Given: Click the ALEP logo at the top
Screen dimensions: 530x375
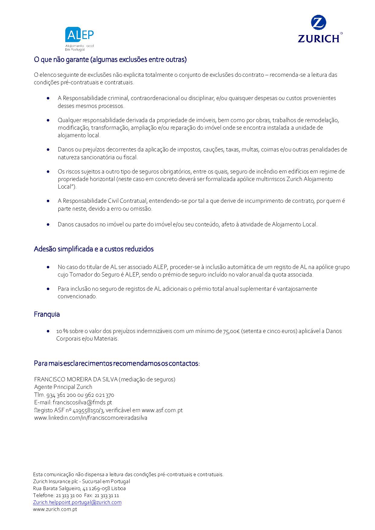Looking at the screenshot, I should point(79,38).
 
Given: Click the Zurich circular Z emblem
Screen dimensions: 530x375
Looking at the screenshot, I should point(318,23).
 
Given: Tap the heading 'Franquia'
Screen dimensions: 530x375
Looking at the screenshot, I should point(47,314).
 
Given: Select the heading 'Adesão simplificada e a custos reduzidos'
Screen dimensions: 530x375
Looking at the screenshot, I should point(94,249).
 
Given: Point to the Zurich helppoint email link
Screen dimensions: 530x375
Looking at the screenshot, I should point(77,502).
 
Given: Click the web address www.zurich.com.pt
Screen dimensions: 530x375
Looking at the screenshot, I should point(55,509).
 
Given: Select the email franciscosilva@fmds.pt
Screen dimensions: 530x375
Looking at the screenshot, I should point(82,402).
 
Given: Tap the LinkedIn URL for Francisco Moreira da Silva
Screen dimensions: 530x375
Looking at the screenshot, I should point(91,418).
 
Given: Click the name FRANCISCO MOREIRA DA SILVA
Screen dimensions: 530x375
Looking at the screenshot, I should point(76,379).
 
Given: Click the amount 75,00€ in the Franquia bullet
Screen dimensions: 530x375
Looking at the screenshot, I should point(231,331).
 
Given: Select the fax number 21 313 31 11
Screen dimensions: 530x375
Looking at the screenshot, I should point(107,495).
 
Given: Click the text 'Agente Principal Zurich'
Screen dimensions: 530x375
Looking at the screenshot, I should point(63,387).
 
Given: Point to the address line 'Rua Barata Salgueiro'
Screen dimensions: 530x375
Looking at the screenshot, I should point(79,488).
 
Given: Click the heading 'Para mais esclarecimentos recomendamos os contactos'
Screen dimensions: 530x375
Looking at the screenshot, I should point(117,363).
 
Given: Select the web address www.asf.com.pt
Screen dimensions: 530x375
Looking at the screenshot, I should point(162,410).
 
